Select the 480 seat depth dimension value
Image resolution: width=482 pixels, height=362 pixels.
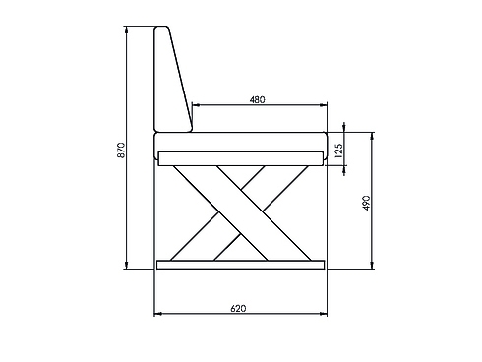tap(258, 99)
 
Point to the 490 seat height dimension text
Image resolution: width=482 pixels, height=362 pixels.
tap(365, 203)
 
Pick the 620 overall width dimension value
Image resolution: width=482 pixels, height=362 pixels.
tap(238, 308)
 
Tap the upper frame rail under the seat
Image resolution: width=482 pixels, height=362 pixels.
tap(240, 157)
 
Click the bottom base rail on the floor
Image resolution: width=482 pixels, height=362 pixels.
tap(240, 264)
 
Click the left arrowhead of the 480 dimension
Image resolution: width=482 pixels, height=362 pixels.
tap(194, 105)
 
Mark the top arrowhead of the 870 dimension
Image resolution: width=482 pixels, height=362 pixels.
tap(127, 29)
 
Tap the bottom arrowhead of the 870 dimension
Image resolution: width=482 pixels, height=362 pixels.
tap(127, 265)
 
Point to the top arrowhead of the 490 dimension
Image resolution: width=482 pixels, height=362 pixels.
tap(372, 134)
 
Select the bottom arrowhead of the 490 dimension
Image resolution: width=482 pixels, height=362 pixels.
tap(372, 265)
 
